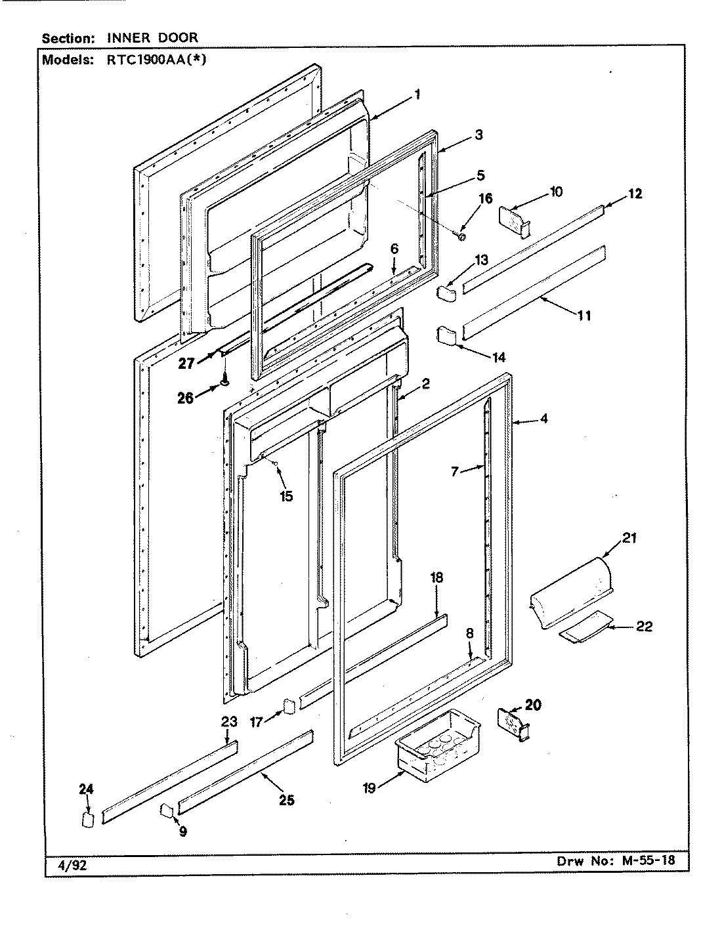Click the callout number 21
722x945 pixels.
629,539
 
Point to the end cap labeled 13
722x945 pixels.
447,292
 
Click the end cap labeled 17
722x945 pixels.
288,708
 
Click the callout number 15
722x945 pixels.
286,496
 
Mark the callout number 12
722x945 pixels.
635,194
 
